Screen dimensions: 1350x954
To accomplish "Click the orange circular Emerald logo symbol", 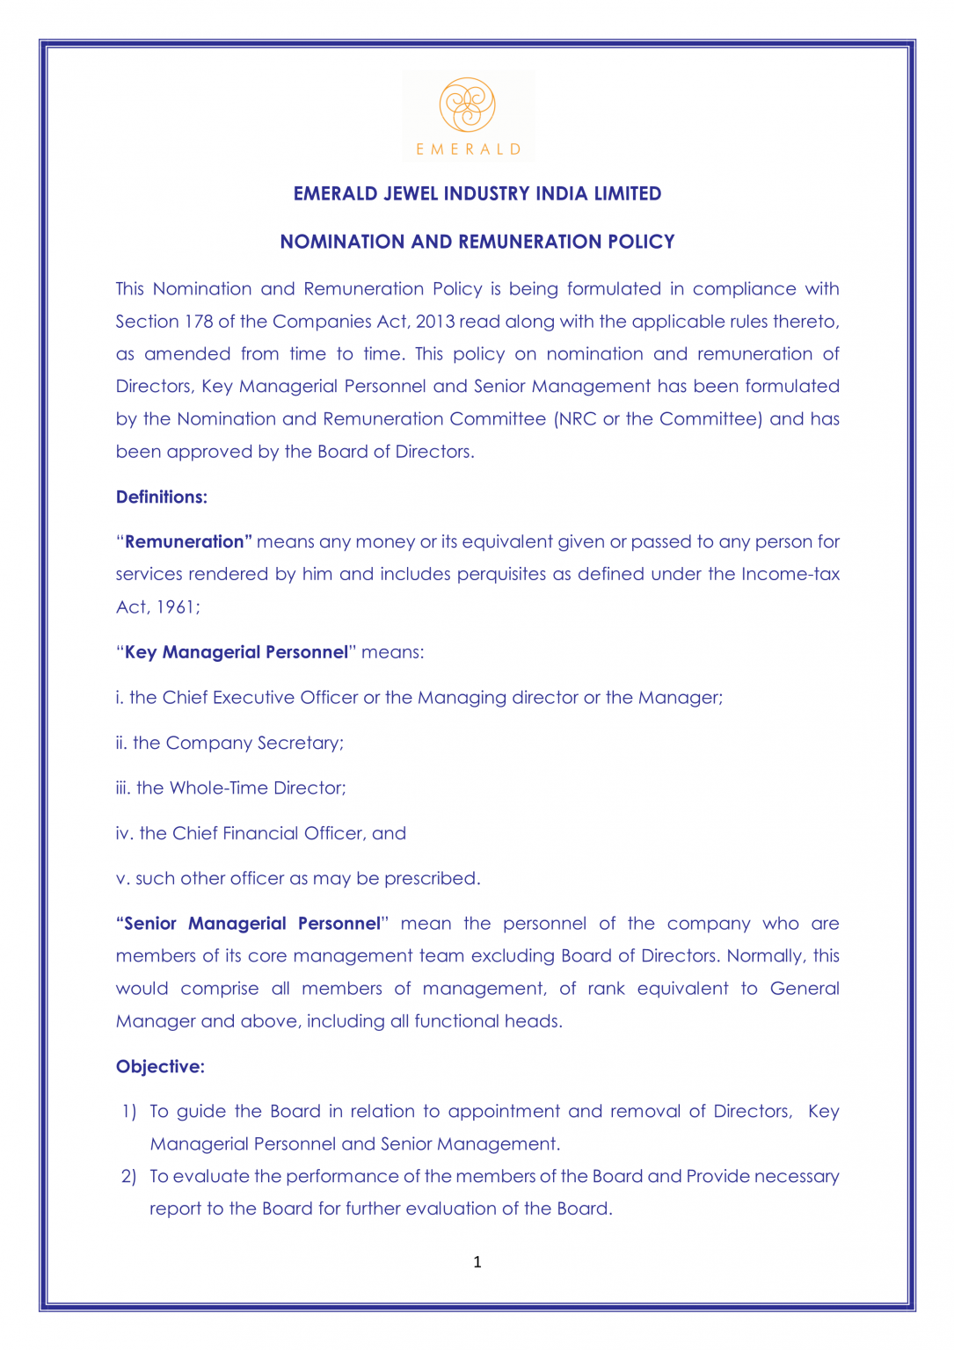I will point(468,105).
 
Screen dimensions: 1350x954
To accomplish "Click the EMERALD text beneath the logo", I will point(469,149).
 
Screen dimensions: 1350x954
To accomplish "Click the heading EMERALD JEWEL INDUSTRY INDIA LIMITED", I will point(477,193).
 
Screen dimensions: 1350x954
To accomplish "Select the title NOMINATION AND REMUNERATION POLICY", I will point(477,242).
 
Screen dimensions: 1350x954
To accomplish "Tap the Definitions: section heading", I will point(162,497).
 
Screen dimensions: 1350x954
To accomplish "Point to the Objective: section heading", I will point(160,1066).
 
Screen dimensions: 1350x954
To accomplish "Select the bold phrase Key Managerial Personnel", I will point(237,652).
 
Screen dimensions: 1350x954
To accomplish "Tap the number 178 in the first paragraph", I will point(199,322).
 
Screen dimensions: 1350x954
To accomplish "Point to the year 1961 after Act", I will point(176,607).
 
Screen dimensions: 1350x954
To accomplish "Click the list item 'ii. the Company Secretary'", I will point(229,743).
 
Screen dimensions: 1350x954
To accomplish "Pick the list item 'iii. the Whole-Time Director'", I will point(230,787).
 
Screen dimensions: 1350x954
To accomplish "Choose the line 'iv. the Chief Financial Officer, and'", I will point(260,833).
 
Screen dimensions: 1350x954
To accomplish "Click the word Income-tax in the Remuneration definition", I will point(790,574).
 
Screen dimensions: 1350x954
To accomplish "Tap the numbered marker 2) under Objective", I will point(128,1176).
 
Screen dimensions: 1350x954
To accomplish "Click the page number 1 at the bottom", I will point(477,1262).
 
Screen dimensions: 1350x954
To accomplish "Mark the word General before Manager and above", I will point(804,988).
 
